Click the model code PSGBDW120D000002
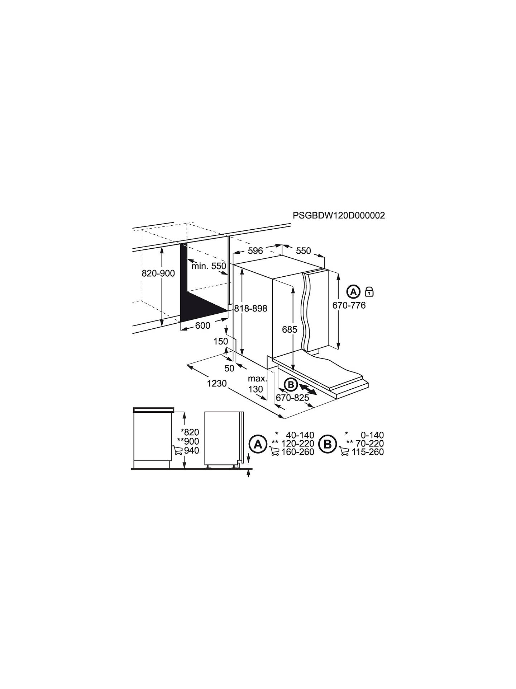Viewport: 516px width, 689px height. pos(339,215)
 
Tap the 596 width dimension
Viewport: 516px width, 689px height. pos(255,250)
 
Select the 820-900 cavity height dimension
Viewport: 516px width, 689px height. pos(158,273)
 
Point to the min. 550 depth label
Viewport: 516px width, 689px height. pos(209,266)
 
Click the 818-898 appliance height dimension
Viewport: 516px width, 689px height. pos(251,308)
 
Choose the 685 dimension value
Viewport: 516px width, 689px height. pos(290,329)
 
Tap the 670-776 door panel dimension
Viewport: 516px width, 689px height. pos(349,305)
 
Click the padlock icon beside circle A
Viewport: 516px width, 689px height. pos(369,291)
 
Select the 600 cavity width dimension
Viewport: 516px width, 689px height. pos(202,325)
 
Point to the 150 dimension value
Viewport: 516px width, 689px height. pos(221,341)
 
